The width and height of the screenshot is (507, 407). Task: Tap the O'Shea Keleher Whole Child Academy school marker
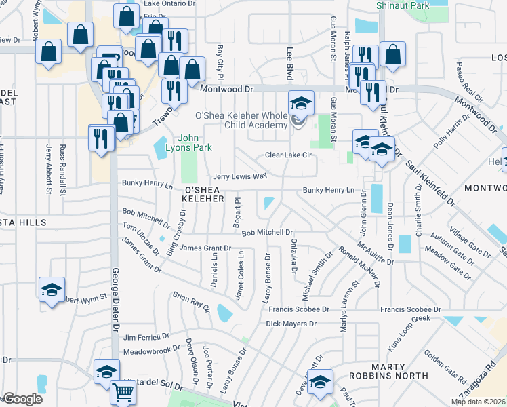(x=301, y=103)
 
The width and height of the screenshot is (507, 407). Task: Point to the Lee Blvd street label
(x=289, y=62)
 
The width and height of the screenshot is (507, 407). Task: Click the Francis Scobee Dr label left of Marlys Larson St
(x=298, y=309)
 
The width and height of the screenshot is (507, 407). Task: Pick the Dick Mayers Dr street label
(x=291, y=324)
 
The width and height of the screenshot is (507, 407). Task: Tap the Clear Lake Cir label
(x=287, y=155)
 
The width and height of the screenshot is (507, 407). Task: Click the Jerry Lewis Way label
(x=240, y=176)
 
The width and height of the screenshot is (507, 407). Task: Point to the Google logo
(x=22, y=399)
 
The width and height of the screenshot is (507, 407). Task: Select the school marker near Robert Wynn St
(x=52, y=290)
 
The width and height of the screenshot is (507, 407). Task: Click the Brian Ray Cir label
(x=192, y=303)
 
